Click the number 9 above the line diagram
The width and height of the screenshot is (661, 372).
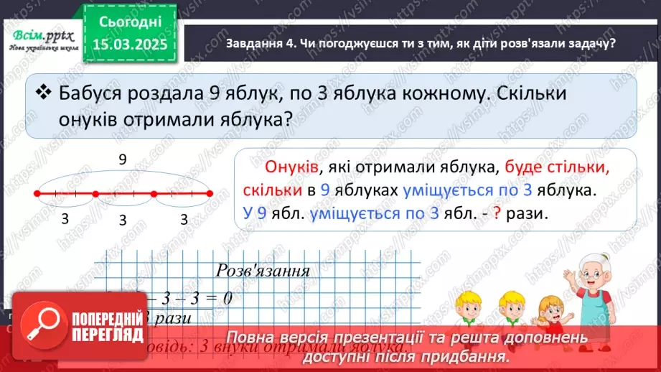pos(123,160)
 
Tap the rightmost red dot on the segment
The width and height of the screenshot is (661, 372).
pos(210,193)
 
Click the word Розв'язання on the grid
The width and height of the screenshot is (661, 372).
pos(263,271)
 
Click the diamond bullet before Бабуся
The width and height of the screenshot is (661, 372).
pos(44,93)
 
